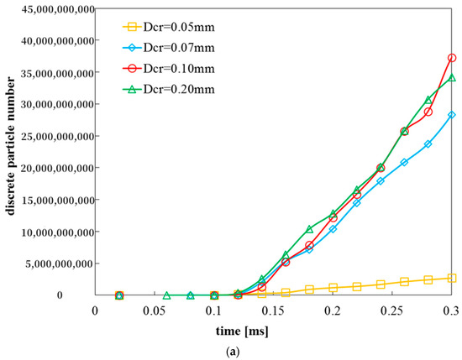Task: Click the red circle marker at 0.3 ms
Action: (452, 58)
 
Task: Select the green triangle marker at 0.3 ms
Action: (452, 78)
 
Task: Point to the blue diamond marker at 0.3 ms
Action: (452, 115)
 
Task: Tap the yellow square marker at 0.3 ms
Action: (452, 278)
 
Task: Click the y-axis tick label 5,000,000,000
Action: (47, 263)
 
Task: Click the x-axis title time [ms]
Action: (274, 326)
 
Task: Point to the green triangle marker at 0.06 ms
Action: (166, 296)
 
